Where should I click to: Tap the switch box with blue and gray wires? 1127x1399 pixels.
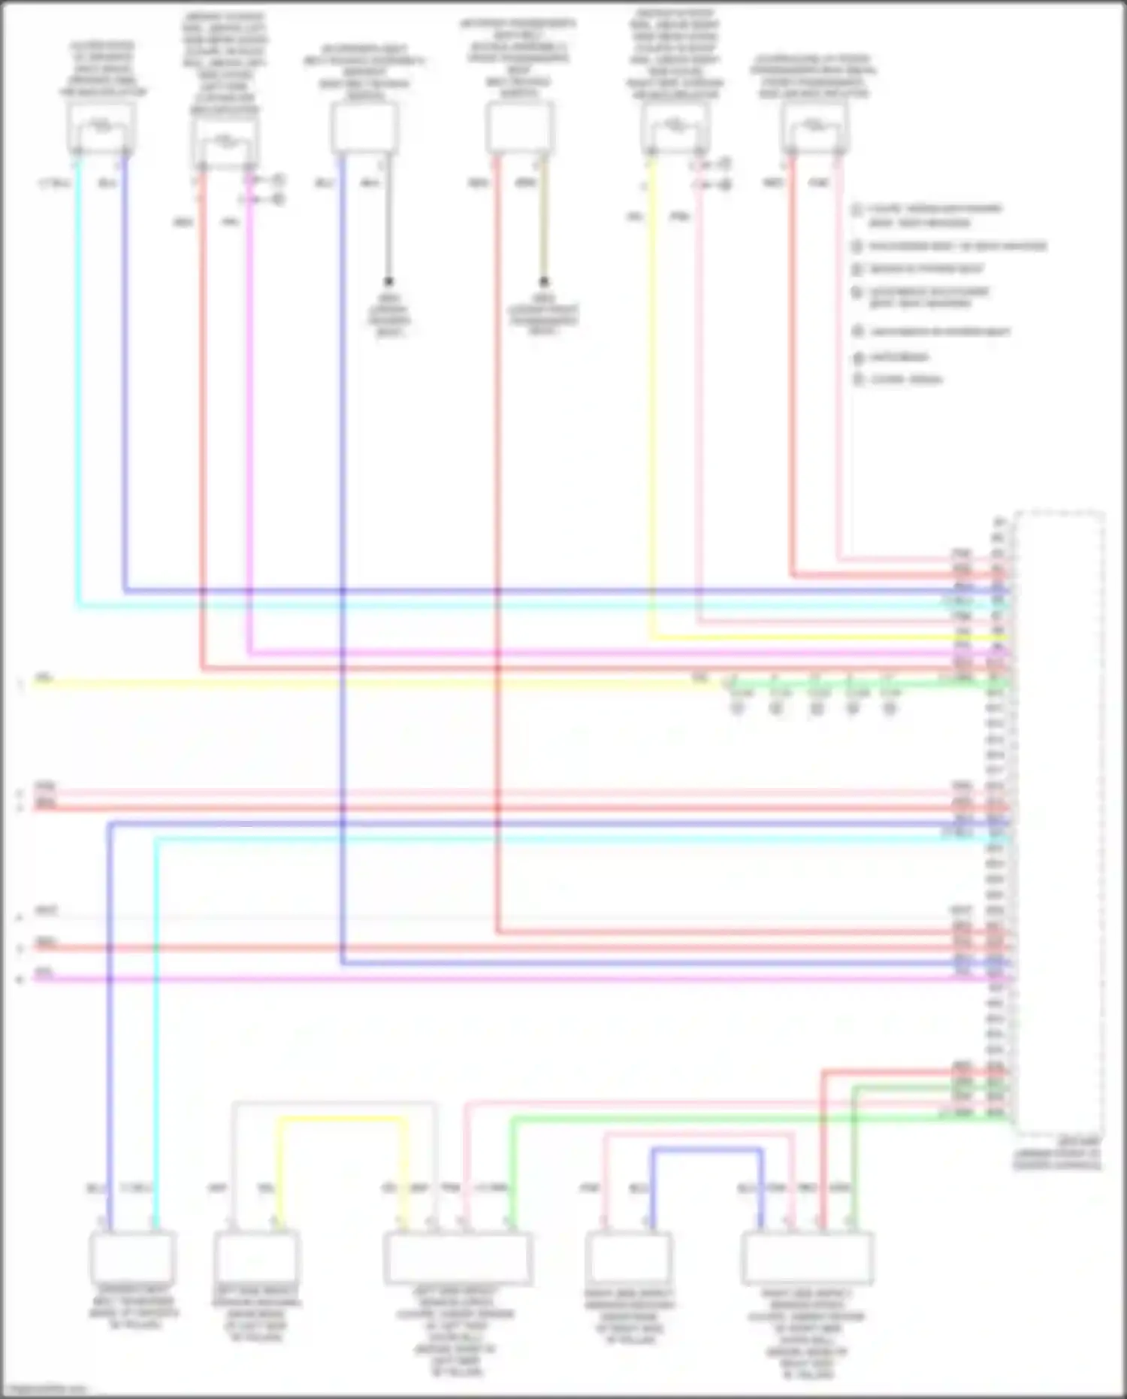[364, 128]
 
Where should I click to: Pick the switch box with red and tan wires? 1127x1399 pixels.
[519, 128]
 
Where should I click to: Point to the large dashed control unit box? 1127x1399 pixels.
[1058, 823]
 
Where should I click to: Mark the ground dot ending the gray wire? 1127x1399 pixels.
[389, 282]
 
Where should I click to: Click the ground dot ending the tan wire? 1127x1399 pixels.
[544, 282]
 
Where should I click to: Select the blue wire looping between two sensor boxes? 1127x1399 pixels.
[706, 1150]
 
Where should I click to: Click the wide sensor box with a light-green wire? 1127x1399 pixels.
[458, 1258]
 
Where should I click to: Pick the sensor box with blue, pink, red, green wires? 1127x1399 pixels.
[807, 1258]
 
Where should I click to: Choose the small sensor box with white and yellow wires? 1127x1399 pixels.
[256, 1258]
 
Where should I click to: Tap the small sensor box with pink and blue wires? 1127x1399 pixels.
[627, 1258]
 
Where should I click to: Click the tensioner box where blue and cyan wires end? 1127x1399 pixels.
[132, 1258]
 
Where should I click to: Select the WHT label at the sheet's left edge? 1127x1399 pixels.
[46, 911]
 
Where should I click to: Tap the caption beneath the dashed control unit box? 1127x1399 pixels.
[1057, 1154]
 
